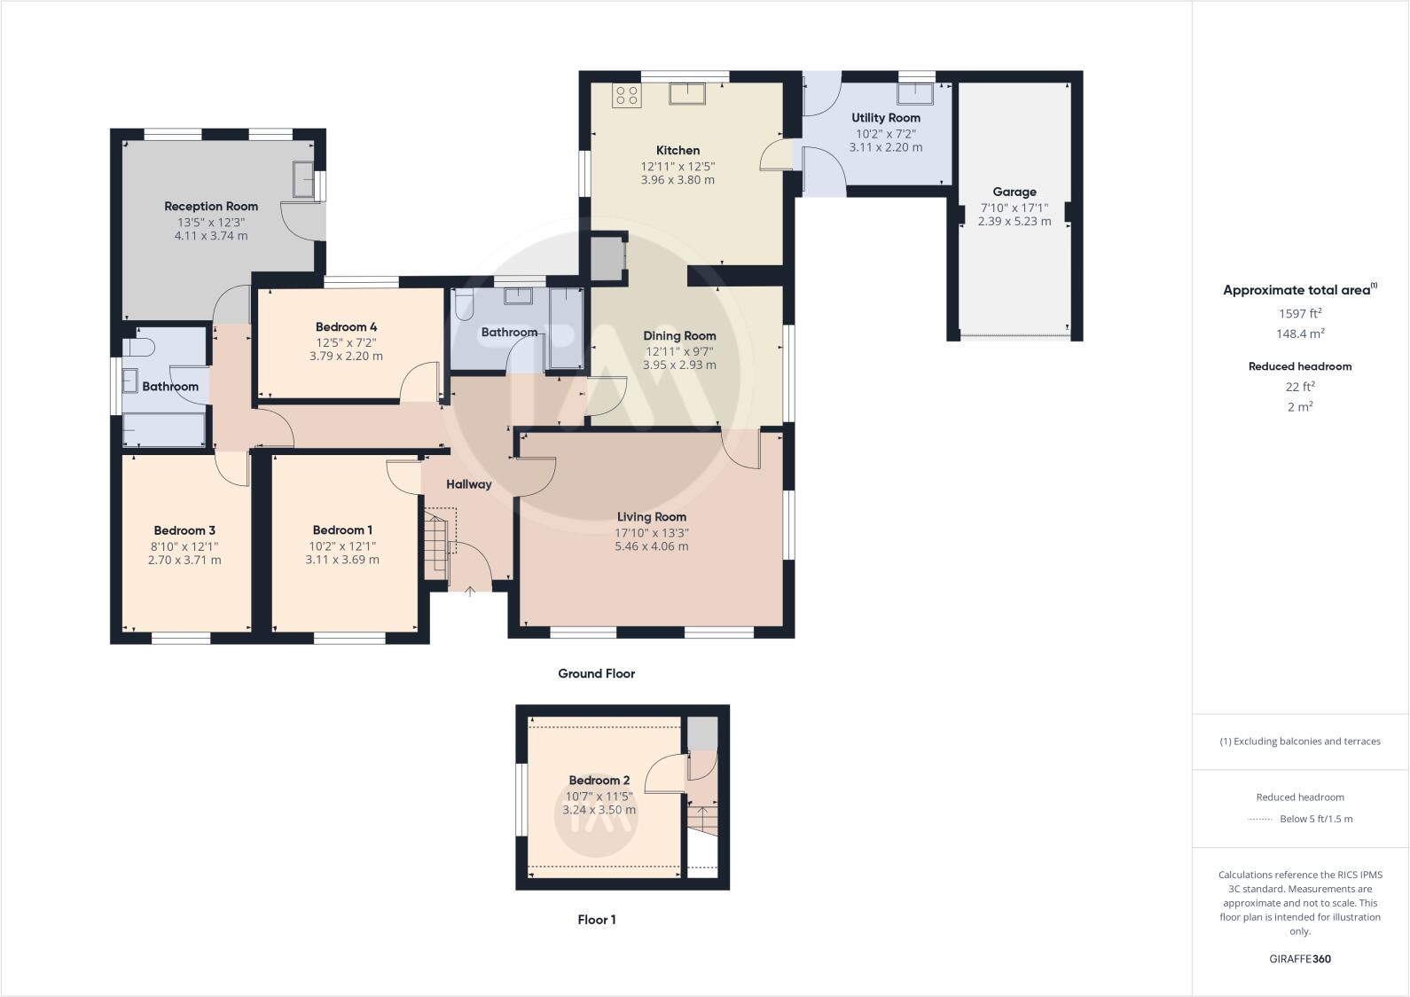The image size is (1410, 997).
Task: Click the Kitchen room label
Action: (x=678, y=151)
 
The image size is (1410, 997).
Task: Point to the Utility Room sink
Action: (x=914, y=94)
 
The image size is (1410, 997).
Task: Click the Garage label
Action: (x=1014, y=192)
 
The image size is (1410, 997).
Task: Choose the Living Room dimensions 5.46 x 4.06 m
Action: (x=651, y=546)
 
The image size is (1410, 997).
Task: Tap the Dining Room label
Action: (x=679, y=336)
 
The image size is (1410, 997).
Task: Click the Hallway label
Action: (x=468, y=484)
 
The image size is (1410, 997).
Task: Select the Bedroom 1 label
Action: (x=342, y=530)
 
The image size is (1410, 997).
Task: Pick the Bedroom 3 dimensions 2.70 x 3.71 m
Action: (x=184, y=560)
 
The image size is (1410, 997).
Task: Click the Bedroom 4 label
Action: (x=346, y=327)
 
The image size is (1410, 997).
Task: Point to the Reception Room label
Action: (x=211, y=207)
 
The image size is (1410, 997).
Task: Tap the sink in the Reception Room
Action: (x=302, y=180)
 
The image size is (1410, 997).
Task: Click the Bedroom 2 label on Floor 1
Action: (x=599, y=781)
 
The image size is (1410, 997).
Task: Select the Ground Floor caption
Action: (x=596, y=674)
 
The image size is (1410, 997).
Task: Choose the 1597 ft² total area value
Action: (x=1300, y=313)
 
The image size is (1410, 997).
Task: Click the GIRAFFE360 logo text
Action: (x=1300, y=959)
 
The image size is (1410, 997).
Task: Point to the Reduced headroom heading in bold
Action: (x=1300, y=366)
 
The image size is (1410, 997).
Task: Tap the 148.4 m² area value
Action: (x=1300, y=334)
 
